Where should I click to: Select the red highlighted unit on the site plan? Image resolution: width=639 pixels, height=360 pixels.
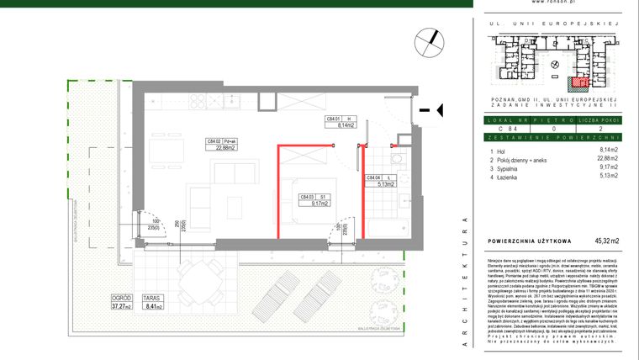point(578,82)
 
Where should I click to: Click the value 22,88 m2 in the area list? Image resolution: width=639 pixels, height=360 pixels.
point(603,158)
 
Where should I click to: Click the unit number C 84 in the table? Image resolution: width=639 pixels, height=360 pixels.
point(505,128)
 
